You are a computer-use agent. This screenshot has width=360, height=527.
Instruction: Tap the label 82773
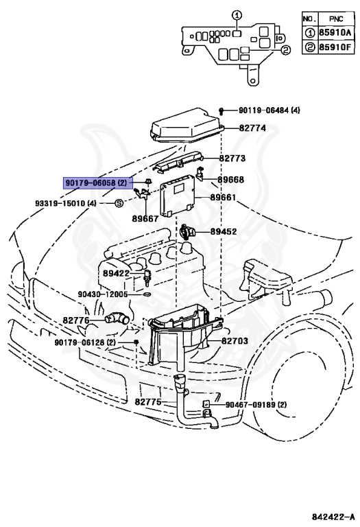click(232, 159)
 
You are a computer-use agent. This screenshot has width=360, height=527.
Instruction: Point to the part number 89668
click(231, 180)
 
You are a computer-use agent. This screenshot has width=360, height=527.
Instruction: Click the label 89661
click(223, 198)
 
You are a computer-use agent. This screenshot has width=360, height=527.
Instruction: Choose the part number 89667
click(145, 219)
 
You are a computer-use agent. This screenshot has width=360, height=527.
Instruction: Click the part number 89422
click(117, 273)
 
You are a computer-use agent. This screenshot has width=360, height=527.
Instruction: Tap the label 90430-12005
click(103, 294)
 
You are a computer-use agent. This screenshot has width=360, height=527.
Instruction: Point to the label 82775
click(147, 402)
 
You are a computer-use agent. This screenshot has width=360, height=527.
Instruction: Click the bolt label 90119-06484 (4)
click(269, 110)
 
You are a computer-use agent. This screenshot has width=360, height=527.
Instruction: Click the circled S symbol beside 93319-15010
click(118, 204)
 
